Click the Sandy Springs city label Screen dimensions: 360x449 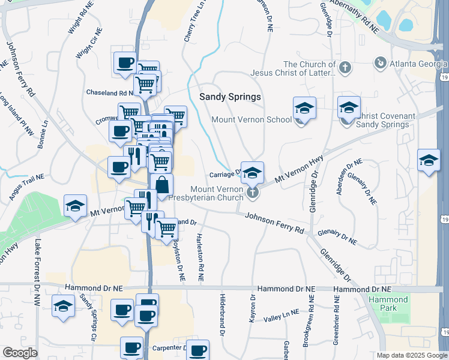point(231,97)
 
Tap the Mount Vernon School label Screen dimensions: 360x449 point(252,119)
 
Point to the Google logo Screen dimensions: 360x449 point(20,353)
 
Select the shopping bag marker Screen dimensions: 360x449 point(162,185)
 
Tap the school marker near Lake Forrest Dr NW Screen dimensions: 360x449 point(63,306)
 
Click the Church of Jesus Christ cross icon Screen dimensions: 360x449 point(345,68)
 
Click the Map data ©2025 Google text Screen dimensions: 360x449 point(412,355)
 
